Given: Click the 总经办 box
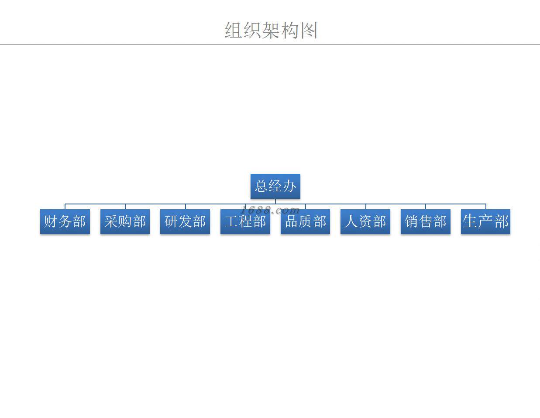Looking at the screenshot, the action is click(275, 186).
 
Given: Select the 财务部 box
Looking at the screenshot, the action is click(65, 221).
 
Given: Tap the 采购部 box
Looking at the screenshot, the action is click(125, 221).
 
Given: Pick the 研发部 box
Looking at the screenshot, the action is click(185, 221).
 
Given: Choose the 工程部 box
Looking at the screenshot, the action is click(245, 221).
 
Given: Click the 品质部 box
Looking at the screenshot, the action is click(305, 221).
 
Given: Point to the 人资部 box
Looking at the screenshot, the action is click(365, 221).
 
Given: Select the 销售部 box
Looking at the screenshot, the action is click(425, 221).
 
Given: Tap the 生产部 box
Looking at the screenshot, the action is click(485, 221).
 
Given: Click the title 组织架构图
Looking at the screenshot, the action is click(271, 30).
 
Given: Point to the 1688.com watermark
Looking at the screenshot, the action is click(270, 210).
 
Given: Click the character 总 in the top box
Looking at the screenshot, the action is click(261, 186).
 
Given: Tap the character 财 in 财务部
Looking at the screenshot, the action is click(51, 221).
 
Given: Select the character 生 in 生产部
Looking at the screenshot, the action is click(470, 221).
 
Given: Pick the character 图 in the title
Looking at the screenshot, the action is click(308, 30).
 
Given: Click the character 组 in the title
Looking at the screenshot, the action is click(234, 30).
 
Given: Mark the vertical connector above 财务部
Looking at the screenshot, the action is click(65, 207).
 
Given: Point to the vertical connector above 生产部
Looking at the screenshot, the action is click(485, 207).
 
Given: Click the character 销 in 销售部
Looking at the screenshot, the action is click(411, 221).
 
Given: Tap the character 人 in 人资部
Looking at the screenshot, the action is click(351, 221).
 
